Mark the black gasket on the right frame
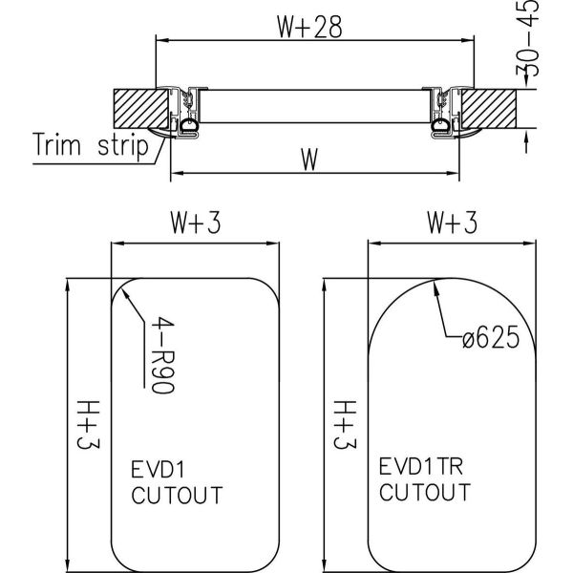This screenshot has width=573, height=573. click(441, 124)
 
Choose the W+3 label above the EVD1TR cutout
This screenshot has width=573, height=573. click(452, 224)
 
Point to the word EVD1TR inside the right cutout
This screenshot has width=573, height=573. click(415, 470)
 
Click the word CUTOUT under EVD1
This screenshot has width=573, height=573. click(176, 495)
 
